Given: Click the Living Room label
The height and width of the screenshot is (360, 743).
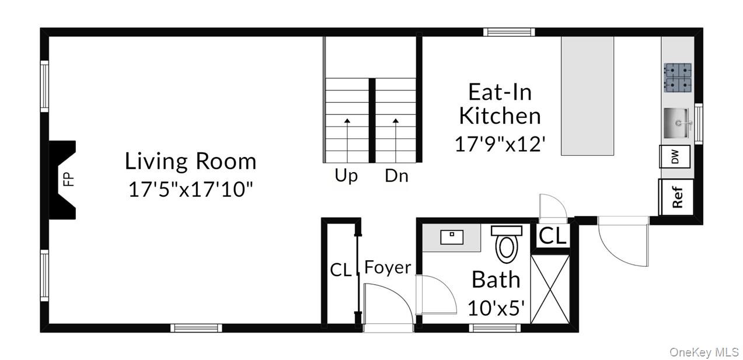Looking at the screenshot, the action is [191, 162].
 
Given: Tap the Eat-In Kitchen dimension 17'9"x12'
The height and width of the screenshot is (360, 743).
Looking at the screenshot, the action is [500, 145].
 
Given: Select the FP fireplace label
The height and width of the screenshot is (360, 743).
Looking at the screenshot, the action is [69, 180].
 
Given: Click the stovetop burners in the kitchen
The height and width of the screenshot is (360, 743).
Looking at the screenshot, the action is [678, 78].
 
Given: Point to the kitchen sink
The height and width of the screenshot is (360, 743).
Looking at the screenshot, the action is [676, 123].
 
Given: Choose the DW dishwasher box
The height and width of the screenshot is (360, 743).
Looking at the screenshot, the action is [675, 156].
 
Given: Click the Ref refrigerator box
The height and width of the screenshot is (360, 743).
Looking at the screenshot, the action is [676, 197].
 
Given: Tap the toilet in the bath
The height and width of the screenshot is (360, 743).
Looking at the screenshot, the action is [507, 244].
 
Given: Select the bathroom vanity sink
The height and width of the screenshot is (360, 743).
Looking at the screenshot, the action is [452, 237].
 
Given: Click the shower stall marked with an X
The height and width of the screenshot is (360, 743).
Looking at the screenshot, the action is [550, 289].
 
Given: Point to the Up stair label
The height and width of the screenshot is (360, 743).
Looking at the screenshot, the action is [346, 176].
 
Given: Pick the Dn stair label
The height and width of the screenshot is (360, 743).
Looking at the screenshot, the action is [396, 176].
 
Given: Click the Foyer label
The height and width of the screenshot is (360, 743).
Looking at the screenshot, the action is [388, 267].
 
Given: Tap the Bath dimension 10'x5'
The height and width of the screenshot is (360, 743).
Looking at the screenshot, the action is [496, 308].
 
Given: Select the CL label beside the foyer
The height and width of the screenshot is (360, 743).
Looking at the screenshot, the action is [341, 270].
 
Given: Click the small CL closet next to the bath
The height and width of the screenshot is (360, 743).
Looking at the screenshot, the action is [552, 236].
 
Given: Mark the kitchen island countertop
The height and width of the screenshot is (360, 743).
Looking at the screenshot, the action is [587, 96].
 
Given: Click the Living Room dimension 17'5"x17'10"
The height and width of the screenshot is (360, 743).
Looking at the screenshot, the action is [191, 189].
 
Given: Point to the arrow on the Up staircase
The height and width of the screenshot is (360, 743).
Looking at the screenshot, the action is [347, 141].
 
